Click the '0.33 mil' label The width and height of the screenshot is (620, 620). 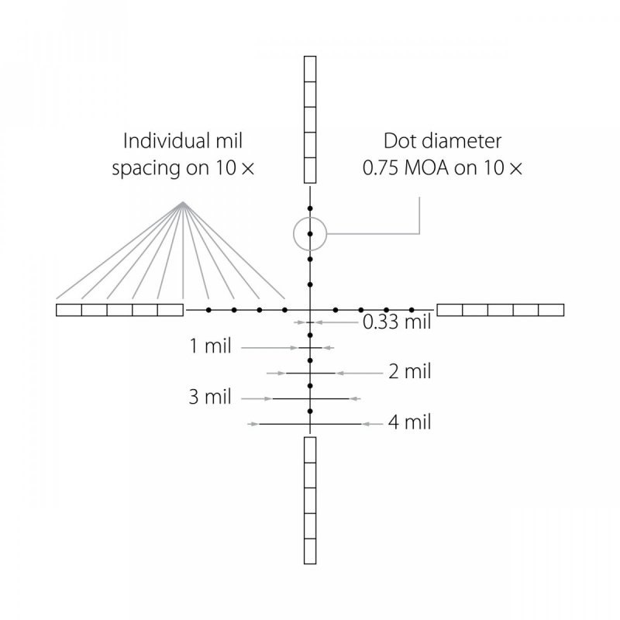tap(397, 322)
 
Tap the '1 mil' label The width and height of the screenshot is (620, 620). tap(210, 346)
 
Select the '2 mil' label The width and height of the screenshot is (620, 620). tap(409, 372)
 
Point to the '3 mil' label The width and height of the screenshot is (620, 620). tap(210, 397)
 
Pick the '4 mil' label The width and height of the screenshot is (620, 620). tap(409, 422)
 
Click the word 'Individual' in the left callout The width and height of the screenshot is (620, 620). tap(164, 141)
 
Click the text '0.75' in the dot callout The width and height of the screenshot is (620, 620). tap(381, 168)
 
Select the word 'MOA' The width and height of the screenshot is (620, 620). tap(427, 168)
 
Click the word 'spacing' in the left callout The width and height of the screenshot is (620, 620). tap(146, 169)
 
